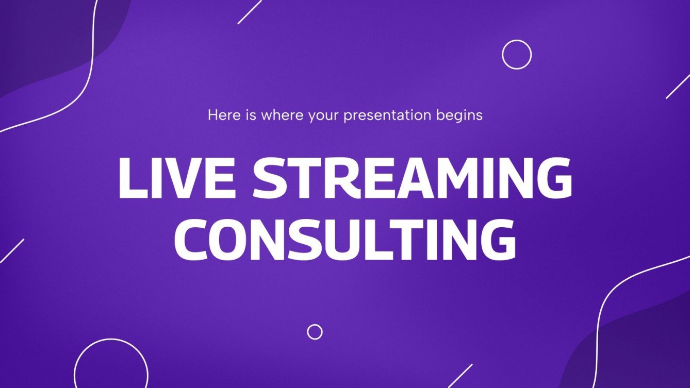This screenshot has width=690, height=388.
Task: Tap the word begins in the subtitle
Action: click(464, 115)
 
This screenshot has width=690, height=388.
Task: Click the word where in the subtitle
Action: click(283, 115)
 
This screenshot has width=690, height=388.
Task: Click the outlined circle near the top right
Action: click(516, 54)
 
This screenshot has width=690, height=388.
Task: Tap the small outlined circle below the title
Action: click(315, 332)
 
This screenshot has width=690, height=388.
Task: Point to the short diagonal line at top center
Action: click(250, 12)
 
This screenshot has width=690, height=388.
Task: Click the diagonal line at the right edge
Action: click(678, 86)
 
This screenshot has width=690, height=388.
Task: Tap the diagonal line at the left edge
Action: click(11, 250)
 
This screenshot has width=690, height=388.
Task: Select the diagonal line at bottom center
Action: click(460, 376)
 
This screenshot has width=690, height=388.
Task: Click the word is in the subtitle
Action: click(250, 115)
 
